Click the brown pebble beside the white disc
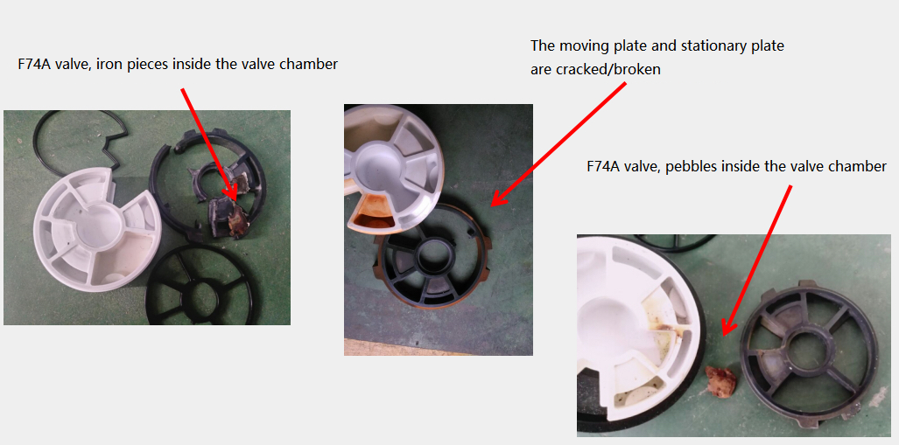(x=721, y=380)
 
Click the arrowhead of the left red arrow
(x=231, y=191)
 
